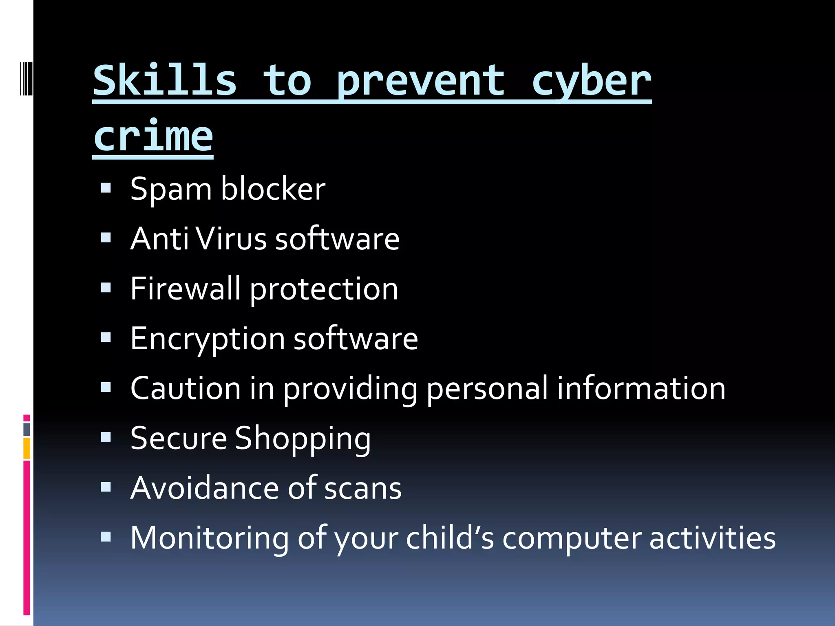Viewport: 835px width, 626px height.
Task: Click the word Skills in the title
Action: click(x=165, y=81)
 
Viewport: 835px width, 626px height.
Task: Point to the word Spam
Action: click(x=171, y=190)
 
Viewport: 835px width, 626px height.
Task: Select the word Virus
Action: click(x=231, y=239)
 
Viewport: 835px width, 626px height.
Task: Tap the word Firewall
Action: click(x=185, y=289)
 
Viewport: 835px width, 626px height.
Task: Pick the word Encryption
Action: click(x=208, y=339)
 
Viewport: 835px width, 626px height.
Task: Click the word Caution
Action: click(x=186, y=388)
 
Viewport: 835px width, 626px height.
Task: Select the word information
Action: click(x=641, y=388)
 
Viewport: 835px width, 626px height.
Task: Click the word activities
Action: click(x=712, y=538)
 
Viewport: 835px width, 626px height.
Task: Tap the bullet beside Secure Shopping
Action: click(x=106, y=438)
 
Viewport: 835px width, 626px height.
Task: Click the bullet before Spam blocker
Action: click(x=106, y=188)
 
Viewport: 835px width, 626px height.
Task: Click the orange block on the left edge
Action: click(x=27, y=448)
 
